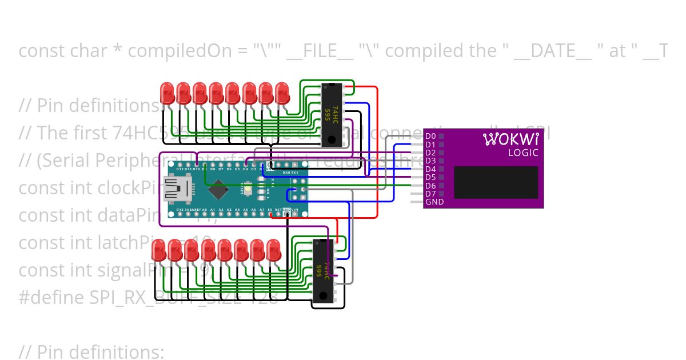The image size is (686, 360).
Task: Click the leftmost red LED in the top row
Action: pyautogui.click(x=167, y=92)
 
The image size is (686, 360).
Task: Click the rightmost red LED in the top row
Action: pyautogui.click(x=282, y=92)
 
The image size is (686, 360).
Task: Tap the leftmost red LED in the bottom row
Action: pyautogui.click(x=158, y=249)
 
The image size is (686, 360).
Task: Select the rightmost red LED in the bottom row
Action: pyautogui.click(x=274, y=249)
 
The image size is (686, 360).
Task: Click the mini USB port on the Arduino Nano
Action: pyautogui.click(x=173, y=189)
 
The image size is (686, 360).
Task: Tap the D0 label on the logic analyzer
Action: pyautogui.click(x=430, y=136)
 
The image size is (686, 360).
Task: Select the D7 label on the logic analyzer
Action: pyautogui.click(x=430, y=194)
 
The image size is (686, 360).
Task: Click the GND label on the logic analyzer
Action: pyautogui.click(x=434, y=202)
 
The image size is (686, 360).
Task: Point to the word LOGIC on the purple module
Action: pyautogui.click(x=523, y=153)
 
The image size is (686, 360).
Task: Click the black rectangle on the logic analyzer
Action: pyautogui.click(x=496, y=183)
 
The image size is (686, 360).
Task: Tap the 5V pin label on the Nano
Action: pyautogui.click(x=270, y=210)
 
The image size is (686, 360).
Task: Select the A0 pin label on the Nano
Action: pyautogui.click(x=205, y=210)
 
